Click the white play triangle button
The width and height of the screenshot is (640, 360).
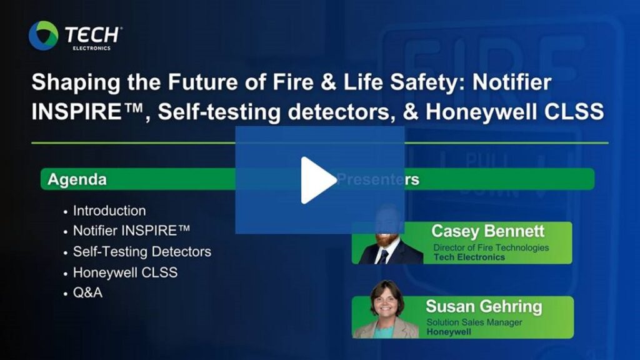(x=317, y=180)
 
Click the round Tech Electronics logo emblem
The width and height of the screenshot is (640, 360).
(x=43, y=36)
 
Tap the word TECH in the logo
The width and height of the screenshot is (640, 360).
(x=92, y=35)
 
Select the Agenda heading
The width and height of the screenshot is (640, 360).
(x=77, y=179)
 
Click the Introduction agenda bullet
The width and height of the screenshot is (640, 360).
(x=109, y=211)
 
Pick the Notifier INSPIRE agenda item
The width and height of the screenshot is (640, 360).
(x=131, y=231)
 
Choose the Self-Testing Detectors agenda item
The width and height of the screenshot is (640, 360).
(x=142, y=251)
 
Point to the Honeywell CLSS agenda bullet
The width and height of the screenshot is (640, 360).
(x=125, y=272)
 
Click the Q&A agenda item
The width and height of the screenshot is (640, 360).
(x=87, y=292)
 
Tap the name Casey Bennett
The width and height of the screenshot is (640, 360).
(x=487, y=231)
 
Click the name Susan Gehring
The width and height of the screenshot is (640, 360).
(x=484, y=306)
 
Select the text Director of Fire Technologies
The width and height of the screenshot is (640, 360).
(x=491, y=247)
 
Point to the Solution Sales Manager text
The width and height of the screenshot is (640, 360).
(x=474, y=322)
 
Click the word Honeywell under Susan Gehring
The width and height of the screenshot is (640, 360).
(x=449, y=332)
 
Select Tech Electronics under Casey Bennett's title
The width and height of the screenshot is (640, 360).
(x=469, y=257)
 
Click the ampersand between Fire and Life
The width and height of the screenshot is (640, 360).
(x=329, y=82)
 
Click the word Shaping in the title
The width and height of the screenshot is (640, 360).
(x=76, y=83)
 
